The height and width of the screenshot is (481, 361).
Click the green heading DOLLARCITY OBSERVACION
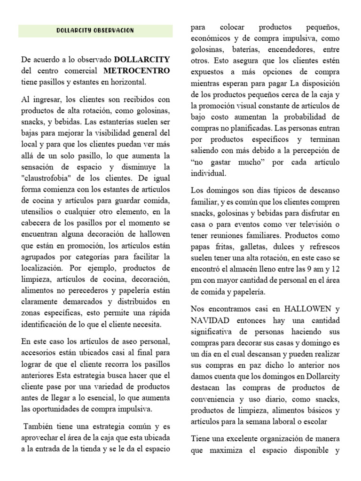[95, 31]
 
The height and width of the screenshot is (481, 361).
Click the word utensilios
[40, 212]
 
